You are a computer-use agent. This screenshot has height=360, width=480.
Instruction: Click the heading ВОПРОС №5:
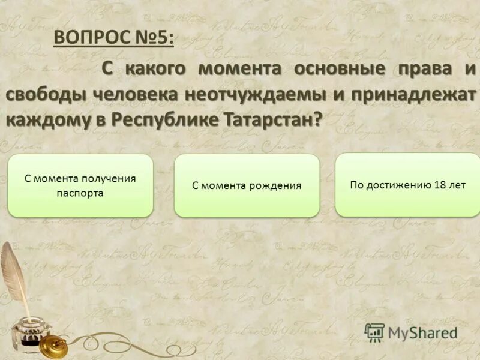click(x=114, y=37)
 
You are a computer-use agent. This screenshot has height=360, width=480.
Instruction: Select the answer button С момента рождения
click(x=247, y=185)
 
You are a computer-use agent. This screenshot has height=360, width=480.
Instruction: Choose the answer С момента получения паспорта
click(x=80, y=185)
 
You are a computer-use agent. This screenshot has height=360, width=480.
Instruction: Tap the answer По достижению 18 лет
click(x=407, y=185)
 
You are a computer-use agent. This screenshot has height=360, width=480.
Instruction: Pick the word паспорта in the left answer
click(x=80, y=193)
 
